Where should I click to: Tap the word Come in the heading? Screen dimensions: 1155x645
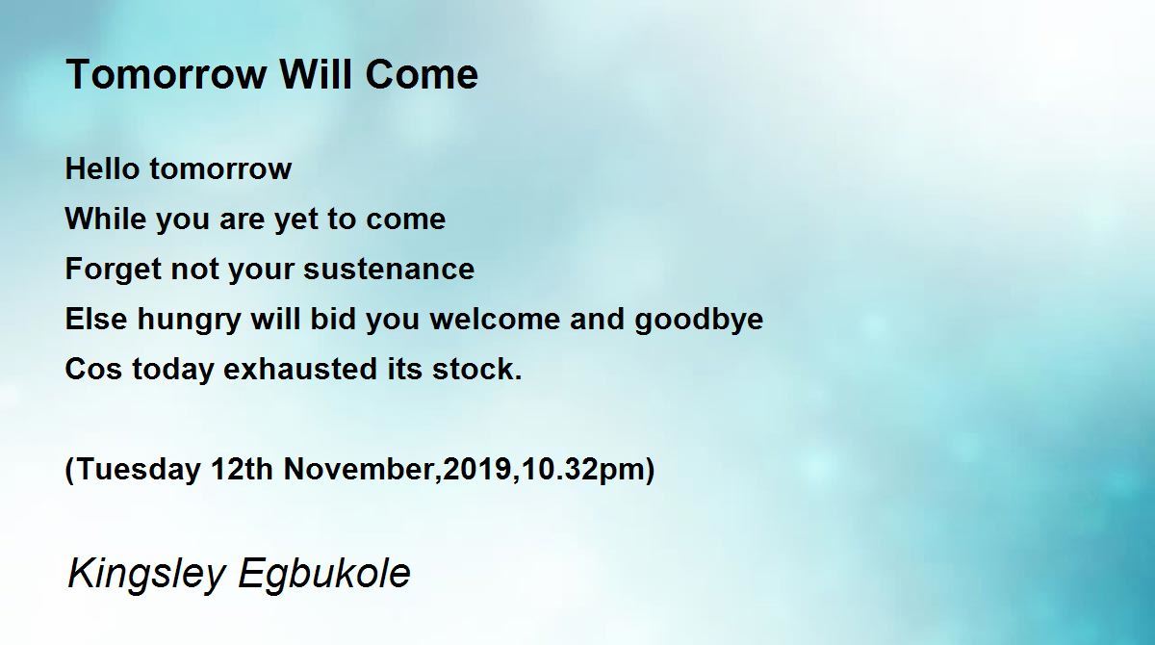tap(422, 74)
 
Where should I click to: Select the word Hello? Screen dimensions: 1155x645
tap(103, 168)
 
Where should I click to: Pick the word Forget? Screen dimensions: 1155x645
tap(114, 270)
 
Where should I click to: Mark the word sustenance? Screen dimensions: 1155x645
tap(389, 270)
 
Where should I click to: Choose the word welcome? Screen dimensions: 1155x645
tap(495, 319)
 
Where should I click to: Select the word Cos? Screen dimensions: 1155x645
tap(94, 369)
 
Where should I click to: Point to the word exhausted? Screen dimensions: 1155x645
tap(300, 369)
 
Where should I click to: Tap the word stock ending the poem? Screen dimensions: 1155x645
tap(472, 369)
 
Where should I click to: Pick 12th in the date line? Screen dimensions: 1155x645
tap(242, 469)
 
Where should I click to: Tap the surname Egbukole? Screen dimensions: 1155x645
tap(324, 574)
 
